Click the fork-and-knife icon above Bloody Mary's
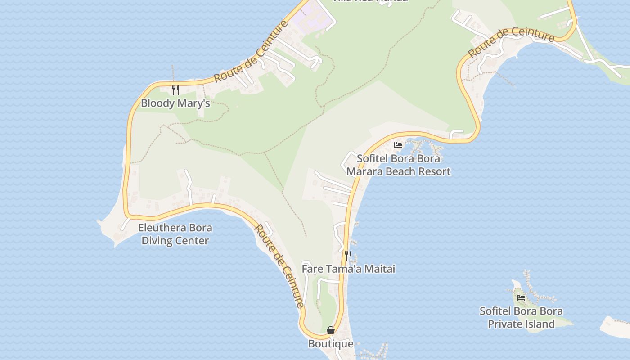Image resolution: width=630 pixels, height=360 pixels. pos(175,90)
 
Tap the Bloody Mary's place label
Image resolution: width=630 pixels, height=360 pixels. pos(175,103)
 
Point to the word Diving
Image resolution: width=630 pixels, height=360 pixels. pos(157,241)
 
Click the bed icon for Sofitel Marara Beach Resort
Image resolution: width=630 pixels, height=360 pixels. pos(398,145)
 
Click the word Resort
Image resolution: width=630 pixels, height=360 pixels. pos(435,171)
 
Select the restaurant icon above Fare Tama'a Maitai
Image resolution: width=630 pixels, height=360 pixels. pos(348,255)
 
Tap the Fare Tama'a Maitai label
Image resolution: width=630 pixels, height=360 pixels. pos(348,269)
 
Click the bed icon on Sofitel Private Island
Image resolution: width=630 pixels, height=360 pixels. pos(521,297)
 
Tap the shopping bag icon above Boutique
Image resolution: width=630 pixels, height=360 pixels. pos(331,330)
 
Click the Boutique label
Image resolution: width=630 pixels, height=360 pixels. pos(331,344)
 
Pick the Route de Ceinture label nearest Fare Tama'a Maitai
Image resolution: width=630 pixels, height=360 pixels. pos(280,266)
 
